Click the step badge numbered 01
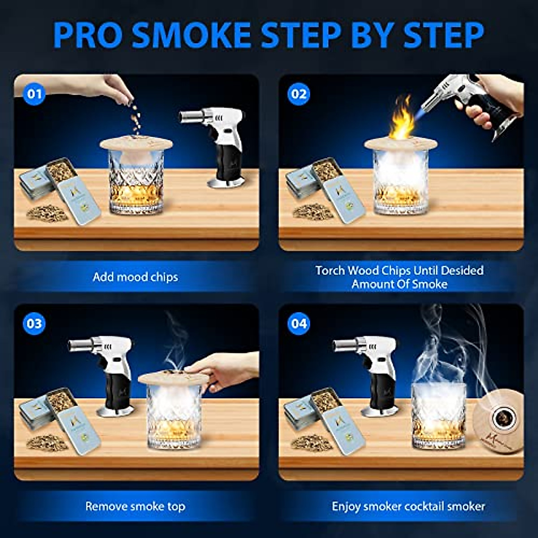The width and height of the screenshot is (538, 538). coord(35,94)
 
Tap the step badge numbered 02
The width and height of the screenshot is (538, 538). coord(299,94)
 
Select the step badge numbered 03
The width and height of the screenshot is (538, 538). coord(35,324)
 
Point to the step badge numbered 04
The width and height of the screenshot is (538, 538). coord(299,324)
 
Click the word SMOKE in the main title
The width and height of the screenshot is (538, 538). coord(192,35)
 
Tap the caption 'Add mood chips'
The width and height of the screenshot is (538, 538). coord(135,277)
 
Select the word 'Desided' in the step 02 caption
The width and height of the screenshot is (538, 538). coord(462,270)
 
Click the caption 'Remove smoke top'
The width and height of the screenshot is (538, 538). coord(135,507)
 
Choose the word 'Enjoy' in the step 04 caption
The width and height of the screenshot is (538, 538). coord(346,507)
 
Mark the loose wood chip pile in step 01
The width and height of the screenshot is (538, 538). coord(46,213)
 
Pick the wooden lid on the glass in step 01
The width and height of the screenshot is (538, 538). coord(136,143)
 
